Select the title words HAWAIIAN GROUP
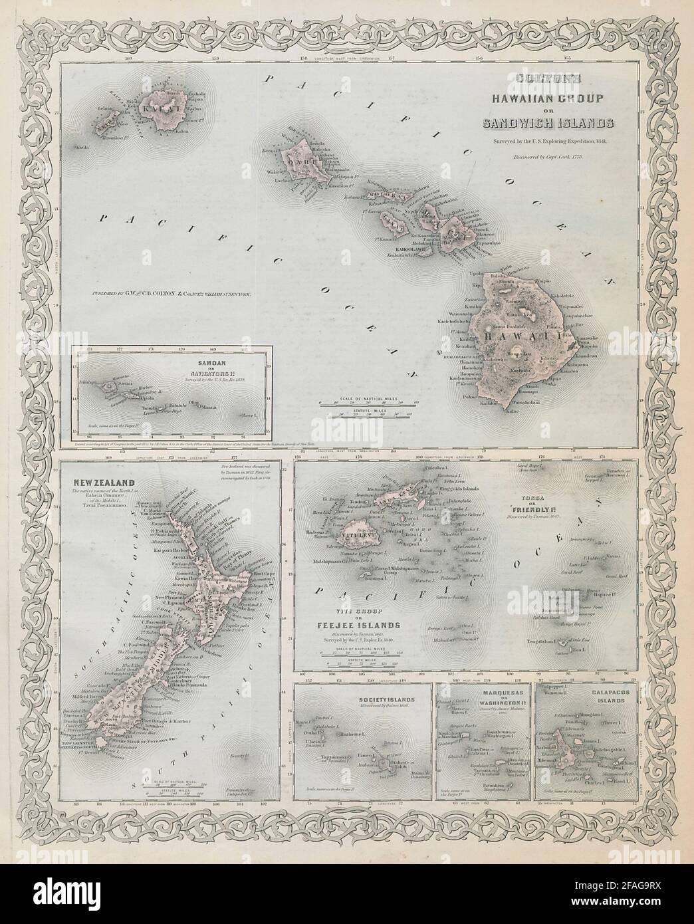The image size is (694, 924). point(546,99)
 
